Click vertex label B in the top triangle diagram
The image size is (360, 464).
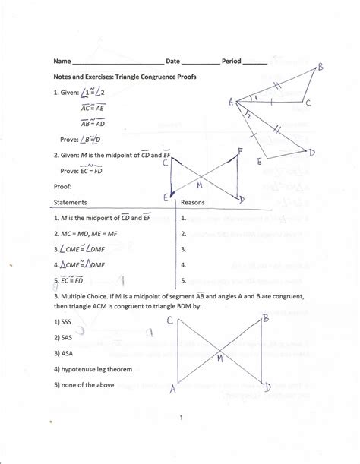coord(321,68)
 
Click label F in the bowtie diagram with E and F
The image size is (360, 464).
coord(240,152)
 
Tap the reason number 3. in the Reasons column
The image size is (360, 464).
coord(184,248)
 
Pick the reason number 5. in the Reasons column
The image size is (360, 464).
coord(184,280)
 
